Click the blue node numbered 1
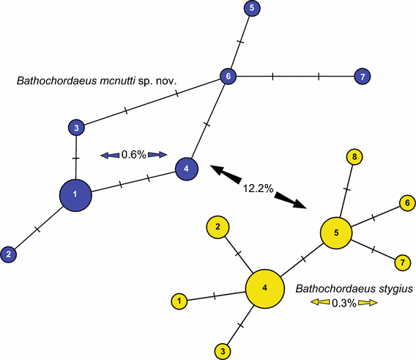point(79,195)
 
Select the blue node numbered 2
point(9,254)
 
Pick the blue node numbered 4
point(187,169)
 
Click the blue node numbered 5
point(251,9)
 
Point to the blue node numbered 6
point(229,76)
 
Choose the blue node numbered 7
point(360,76)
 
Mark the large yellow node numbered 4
point(265,287)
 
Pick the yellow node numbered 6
point(404,202)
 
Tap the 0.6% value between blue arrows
point(134,155)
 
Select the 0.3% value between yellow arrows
point(343,303)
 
